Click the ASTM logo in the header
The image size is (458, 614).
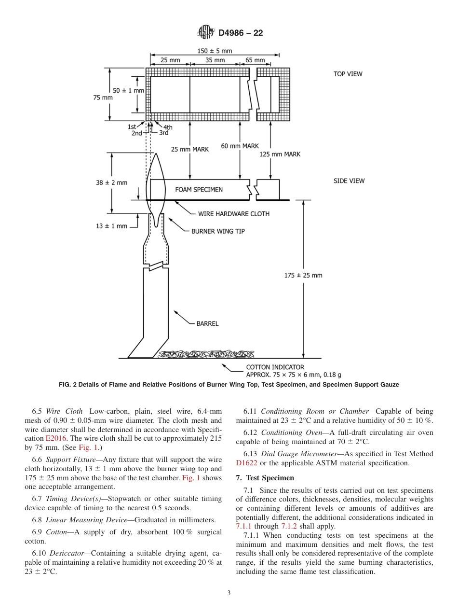(x=206, y=33)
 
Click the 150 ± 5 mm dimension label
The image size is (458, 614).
(x=215, y=51)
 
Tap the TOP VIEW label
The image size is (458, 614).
(x=348, y=74)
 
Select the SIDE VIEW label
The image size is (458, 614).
(x=349, y=181)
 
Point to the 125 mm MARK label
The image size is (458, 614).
(x=280, y=154)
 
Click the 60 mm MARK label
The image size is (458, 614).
(x=240, y=146)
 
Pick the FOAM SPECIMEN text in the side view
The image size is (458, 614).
(x=199, y=190)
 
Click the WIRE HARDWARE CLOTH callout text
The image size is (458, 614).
(x=234, y=213)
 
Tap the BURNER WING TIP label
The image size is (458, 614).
(x=218, y=231)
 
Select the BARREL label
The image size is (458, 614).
(x=207, y=323)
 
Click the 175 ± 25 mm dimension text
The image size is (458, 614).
(x=303, y=275)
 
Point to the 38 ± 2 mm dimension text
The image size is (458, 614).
(x=111, y=182)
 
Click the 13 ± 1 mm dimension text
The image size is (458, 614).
(x=111, y=226)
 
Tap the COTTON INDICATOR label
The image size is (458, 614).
(x=275, y=367)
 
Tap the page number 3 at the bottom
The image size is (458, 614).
(x=229, y=593)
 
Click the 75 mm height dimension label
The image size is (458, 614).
(x=103, y=97)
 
